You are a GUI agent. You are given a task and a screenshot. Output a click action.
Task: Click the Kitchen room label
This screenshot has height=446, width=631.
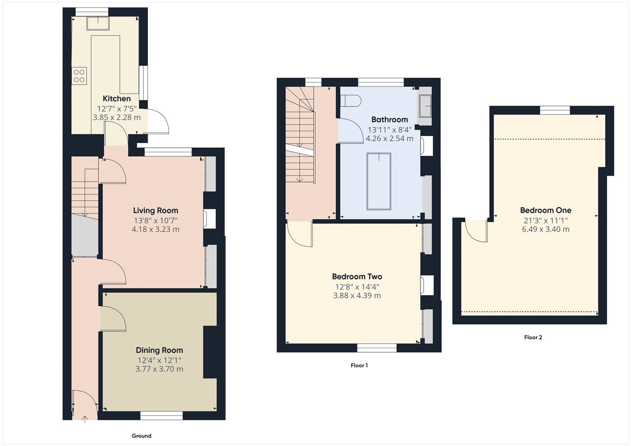tap(117, 99)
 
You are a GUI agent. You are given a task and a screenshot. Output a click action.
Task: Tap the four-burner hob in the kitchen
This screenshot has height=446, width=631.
tap(79, 76)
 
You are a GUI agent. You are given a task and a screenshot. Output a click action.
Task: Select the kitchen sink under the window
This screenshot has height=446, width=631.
tap(98, 23)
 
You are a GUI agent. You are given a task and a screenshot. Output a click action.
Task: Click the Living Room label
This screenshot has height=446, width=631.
tap(155, 210)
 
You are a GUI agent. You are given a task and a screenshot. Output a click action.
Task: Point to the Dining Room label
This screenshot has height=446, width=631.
tap(160, 350)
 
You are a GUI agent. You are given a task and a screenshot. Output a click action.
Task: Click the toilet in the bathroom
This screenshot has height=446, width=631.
tap(351, 101)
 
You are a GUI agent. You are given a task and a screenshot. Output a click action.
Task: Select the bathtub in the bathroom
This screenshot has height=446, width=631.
tap(379, 181)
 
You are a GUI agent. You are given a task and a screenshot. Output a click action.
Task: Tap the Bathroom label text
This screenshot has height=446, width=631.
tap(389, 119)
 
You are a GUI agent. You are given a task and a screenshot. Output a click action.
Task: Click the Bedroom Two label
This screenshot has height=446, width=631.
tap(357, 277)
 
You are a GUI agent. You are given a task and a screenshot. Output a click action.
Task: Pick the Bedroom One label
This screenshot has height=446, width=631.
tap(546, 210)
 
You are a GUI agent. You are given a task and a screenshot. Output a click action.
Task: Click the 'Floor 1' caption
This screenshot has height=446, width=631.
tap(359, 365)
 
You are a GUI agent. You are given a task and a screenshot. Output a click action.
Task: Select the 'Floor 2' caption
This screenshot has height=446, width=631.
tap(533, 337)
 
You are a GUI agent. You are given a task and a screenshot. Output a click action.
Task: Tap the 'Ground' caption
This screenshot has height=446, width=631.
tap(142, 436)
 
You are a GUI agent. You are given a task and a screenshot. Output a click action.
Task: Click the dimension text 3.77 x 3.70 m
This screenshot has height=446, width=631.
tap(160, 369)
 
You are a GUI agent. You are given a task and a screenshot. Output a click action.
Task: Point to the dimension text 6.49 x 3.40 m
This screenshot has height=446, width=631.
tap(546, 229)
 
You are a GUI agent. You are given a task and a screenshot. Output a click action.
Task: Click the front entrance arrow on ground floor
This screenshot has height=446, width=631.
tap(85, 419)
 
